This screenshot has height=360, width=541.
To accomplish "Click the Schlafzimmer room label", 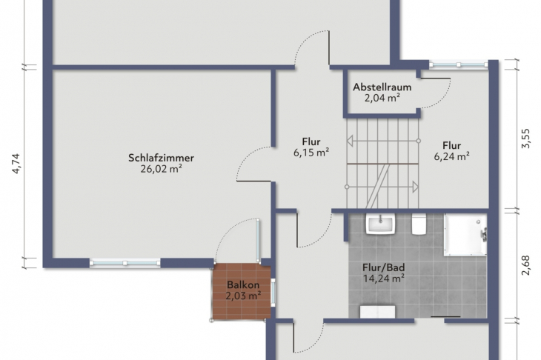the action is [x=161, y=158].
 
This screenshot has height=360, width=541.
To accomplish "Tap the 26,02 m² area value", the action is [x=161, y=169].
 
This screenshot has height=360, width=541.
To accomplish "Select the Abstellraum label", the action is [x=382, y=87].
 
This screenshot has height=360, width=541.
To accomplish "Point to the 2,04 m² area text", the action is [x=382, y=98].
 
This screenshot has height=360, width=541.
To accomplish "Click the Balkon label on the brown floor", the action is [x=243, y=285].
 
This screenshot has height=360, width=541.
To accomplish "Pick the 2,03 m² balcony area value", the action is [x=243, y=296].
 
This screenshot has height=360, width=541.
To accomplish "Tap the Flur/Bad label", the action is [x=384, y=267].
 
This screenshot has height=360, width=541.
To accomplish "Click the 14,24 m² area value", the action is [x=384, y=279].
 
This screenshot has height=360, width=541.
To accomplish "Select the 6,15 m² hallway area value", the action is [x=311, y=153].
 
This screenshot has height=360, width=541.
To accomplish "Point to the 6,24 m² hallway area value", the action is [x=451, y=156].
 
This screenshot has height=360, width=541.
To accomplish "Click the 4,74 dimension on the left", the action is [x=16, y=164].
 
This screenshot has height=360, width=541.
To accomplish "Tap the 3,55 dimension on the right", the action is [x=525, y=139].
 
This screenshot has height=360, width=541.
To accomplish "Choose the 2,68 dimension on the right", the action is [x=525, y=265].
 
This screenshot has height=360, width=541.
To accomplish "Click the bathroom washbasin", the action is [x=381, y=224].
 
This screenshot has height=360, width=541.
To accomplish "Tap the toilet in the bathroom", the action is [x=419, y=224].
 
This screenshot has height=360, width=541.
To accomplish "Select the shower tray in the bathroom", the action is [x=465, y=235].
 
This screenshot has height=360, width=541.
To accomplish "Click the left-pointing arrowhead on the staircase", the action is [x=350, y=141].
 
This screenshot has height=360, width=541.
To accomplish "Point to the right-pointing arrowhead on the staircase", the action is [x=416, y=187].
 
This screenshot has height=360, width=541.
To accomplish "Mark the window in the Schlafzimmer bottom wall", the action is [x=125, y=263].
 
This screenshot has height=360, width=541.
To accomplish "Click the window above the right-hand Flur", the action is [x=459, y=64].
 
